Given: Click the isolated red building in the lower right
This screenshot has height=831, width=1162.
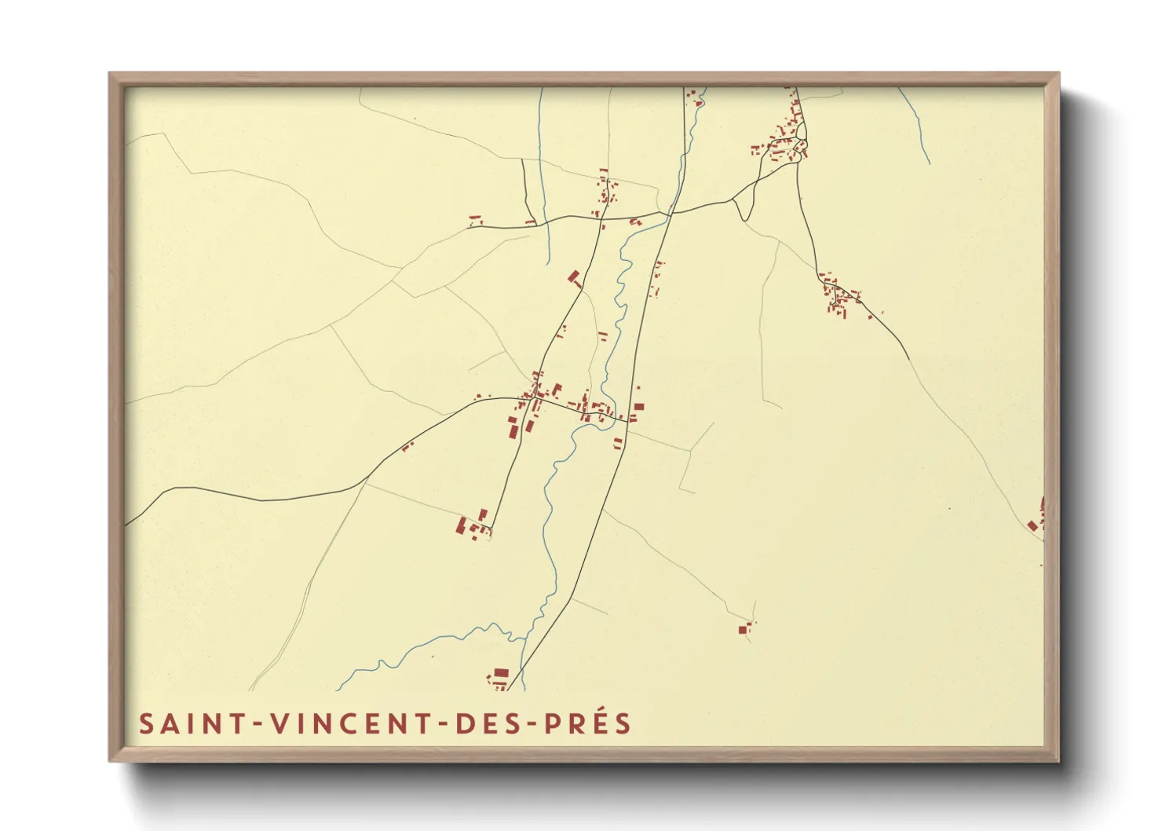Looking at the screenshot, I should click(x=744, y=628).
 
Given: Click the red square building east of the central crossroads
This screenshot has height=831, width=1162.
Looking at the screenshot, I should click(x=638, y=407).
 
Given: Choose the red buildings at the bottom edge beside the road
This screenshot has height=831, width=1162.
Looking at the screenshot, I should click(x=499, y=677).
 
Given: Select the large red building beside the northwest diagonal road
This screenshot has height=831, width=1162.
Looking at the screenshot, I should click(x=575, y=276).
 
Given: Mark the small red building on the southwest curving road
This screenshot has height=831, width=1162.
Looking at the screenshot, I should click(x=407, y=446).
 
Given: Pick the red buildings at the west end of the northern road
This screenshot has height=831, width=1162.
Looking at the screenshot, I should click(x=474, y=221).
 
